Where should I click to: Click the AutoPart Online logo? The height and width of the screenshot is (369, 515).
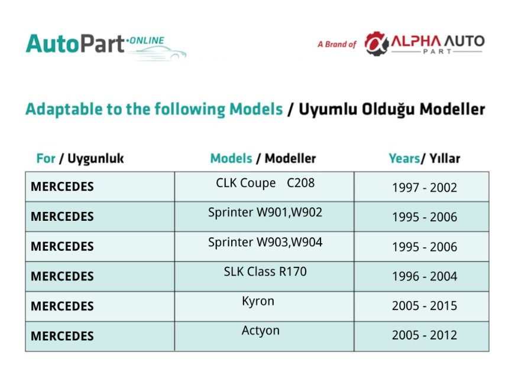point(106,46)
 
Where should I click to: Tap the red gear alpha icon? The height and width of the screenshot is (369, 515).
point(377,44)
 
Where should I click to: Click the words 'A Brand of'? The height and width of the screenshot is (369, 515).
point(337,44)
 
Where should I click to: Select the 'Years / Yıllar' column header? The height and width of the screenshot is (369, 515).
point(425,158)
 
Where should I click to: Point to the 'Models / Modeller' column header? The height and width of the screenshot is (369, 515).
point(263,158)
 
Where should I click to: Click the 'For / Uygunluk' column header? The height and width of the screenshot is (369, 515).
point(80,159)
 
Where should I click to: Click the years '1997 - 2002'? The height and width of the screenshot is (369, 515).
point(425,188)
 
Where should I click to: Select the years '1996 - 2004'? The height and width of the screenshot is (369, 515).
point(425,276)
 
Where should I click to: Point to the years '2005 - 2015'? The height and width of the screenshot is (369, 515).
point(425,306)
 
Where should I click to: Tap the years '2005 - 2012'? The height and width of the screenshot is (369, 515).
point(425,335)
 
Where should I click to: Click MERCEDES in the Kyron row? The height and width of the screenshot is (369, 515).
point(62,306)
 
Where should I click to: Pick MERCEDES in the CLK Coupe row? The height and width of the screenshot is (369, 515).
point(62,187)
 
